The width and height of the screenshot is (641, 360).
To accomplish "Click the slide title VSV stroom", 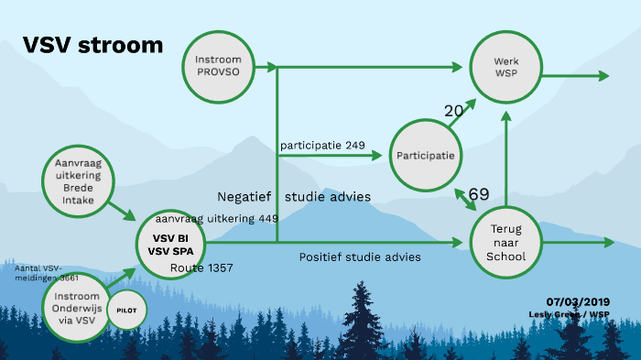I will (92, 46).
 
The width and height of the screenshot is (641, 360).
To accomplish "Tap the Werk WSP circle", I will (506, 65).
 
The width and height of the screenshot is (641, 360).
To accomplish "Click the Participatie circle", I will (425, 156).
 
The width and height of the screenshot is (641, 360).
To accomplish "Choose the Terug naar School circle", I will (505, 242).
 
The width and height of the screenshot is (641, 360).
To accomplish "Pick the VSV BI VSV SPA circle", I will (169, 243).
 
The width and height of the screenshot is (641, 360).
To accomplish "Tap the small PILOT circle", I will (126, 311).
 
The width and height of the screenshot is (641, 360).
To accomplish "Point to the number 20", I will (453, 111).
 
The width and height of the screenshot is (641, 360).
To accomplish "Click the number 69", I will (478, 194).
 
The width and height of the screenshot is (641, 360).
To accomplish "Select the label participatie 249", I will (322, 145).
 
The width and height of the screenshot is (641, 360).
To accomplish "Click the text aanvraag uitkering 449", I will (216, 218).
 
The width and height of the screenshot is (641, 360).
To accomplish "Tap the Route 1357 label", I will (201, 267).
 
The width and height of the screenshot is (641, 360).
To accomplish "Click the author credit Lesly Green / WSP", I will (569, 314).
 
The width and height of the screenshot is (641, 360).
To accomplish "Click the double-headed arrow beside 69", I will (461, 199).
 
